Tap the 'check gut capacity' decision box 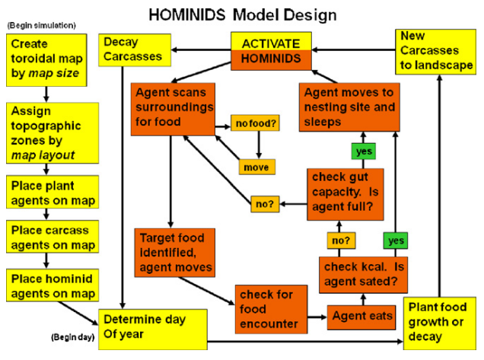tap(345, 191)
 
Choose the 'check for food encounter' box tap(268, 308)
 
